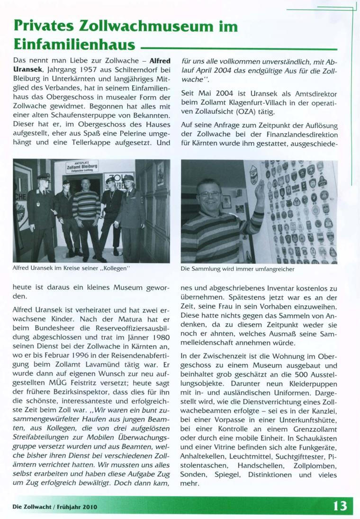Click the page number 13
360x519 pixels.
[x=340, y=506]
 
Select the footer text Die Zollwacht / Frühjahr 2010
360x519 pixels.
[x=55, y=506]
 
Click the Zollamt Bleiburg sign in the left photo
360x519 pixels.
[x=83, y=167]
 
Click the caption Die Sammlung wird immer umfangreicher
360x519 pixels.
[x=237, y=269]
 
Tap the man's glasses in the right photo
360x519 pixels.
[x=209, y=194]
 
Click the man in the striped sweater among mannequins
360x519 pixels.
[x=86, y=213]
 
